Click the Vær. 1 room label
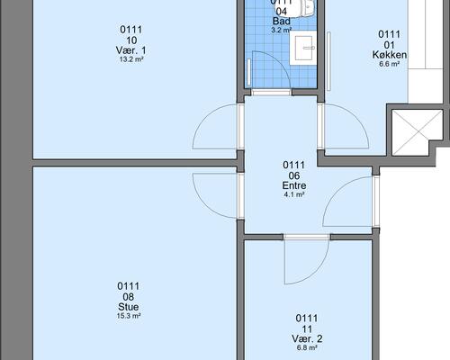130,50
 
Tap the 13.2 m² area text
131,59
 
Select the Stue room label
129,307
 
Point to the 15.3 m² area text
129,316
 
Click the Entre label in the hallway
294,185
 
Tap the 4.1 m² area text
294,194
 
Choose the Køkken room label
390,55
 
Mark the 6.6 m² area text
389,64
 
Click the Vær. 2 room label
307,338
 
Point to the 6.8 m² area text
307,348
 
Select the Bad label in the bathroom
282,21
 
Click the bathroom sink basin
304,48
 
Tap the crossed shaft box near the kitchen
418,132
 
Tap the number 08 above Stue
129,297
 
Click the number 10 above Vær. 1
131,40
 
